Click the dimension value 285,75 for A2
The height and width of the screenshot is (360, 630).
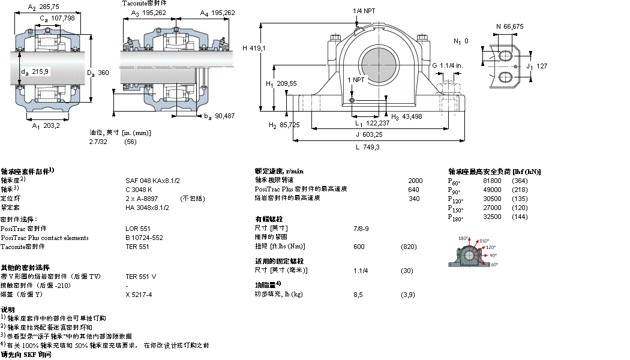(x=50, y=7)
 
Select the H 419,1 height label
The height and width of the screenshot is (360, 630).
(x=254, y=47)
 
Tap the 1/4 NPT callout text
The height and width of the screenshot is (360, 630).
(x=365, y=11)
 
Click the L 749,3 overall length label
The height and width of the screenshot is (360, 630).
(x=367, y=147)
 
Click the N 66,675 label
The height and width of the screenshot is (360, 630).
(x=509, y=26)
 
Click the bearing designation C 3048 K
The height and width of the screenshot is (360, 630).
(x=139, y=189)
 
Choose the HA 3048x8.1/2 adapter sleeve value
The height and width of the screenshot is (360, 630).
(x=147, y=207)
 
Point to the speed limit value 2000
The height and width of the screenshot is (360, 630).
(x=415, y=180)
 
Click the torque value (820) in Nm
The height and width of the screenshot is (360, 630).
(x=409, y=246)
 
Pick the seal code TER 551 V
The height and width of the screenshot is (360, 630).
(x=141, y=277)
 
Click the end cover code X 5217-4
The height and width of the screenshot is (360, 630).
(x=139, y=295)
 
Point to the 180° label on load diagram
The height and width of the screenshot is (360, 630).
(x=463, y=239)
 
